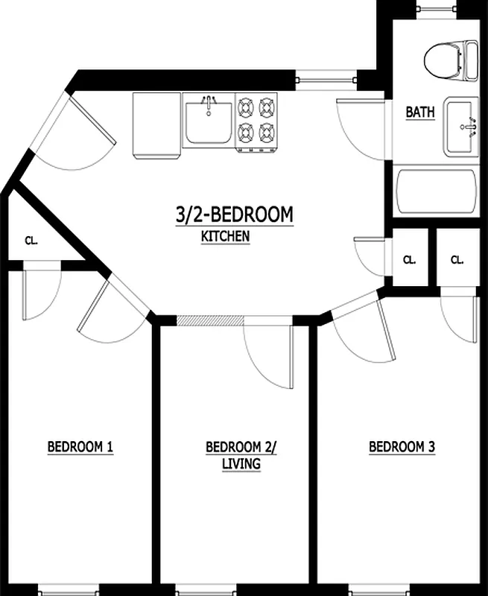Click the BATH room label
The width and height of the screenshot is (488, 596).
(x=420, y=112)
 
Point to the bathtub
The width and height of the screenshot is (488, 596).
(x=435, y=193)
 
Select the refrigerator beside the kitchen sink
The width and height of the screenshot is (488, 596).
(x=157, y=124)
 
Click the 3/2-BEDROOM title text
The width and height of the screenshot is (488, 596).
(x=234, y=215)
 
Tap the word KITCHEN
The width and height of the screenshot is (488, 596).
(x=224, y=236)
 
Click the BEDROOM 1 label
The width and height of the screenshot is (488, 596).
(x=80, y=447)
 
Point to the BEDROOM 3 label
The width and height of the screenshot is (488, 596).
(x=402, y=447)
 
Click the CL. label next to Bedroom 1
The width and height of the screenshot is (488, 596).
(x=31, y=241)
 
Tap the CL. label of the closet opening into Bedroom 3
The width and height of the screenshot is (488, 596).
(x=457, y=260)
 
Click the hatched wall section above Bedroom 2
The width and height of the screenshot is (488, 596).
(x=210, y=320)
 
